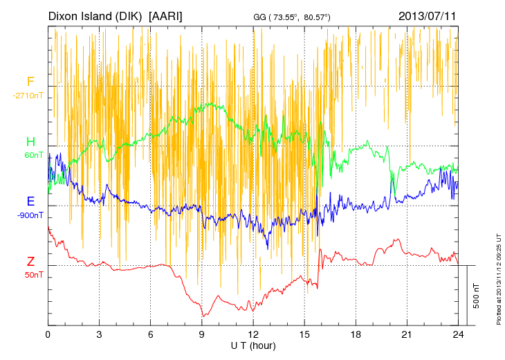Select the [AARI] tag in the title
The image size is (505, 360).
pos(166,15)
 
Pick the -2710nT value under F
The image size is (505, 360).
pos(28,96)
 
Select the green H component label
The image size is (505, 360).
pos(30,142)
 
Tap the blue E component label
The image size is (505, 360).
pos(30,201)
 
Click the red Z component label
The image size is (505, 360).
pos(30,262)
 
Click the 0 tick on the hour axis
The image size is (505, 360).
pos(48,334)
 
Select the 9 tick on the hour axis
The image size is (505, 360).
pos(201,334)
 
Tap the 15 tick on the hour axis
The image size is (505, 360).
pos(304,334)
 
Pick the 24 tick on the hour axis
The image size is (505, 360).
pos(457,334)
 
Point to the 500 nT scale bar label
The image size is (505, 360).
pos(477,295)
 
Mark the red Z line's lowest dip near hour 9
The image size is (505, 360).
pos(203,316)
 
